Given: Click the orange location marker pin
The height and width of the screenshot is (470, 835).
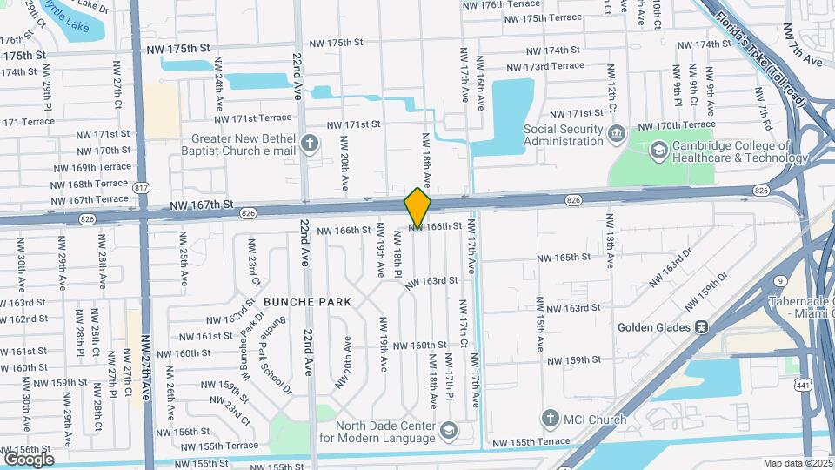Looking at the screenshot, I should tap(417, 208).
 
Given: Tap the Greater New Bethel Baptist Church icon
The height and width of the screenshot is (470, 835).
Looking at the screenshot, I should tap(308, 143).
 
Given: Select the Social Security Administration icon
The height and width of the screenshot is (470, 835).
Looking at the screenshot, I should tap(617, 133).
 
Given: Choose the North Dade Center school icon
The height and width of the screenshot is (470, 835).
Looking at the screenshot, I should tap(447, 431).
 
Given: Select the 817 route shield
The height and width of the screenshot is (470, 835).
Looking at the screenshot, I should tap(142, 188).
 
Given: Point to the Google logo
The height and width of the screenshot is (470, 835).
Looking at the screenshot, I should tap(29, 459).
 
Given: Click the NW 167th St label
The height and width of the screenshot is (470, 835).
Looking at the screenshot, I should tap(203, 205).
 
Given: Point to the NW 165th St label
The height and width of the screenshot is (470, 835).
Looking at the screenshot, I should tap(563, 258).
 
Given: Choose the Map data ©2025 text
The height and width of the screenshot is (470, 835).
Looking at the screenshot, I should tap(798, 463).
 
